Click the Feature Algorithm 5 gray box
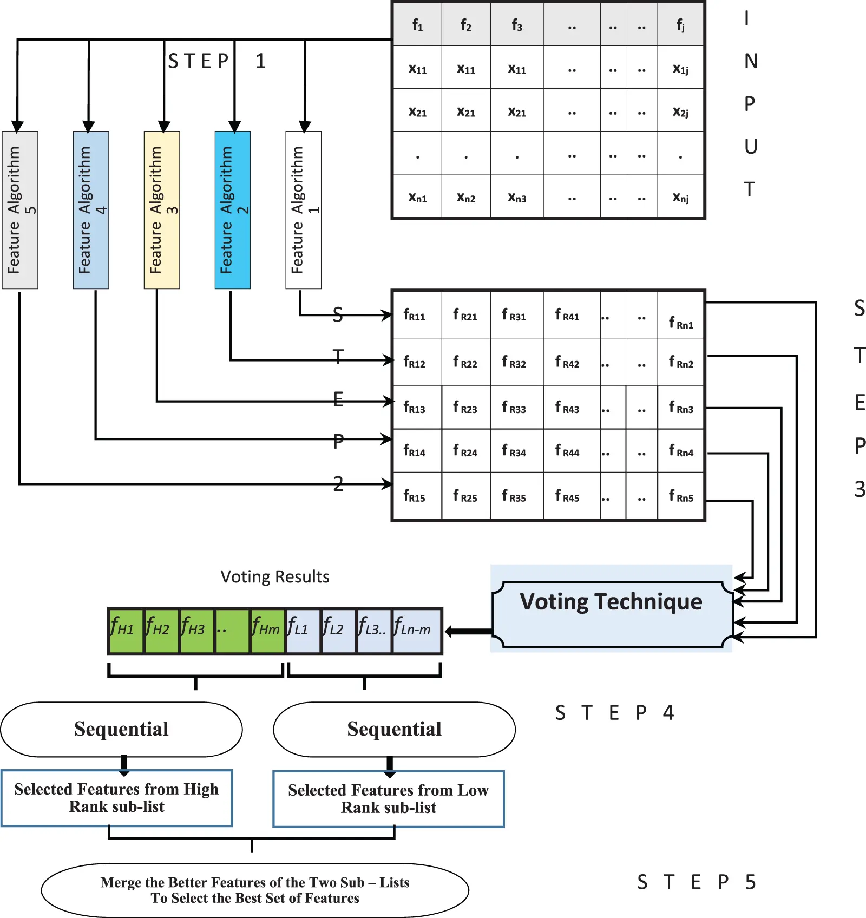pyautogui.click(x=20, y=210)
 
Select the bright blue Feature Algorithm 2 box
pyautogui.click(x=232, y=210)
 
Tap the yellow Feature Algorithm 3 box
pyautogui.click(x=161, y=210)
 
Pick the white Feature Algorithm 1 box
pyautogui.click(x=303, y=210)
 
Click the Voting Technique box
pyautogui.click(x=612, y=614)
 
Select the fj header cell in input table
pyautogui.click(x=680, y=25)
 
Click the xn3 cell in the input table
pyautogui.click(x=517, y=198)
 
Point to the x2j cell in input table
pyautogui.click(x=680, y=112)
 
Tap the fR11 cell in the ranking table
pyautogui.click(x=415, y=315)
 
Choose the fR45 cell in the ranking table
pyautogui.click(x=568, y=496)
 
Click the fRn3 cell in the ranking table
pyautogui.click(x=681, y=408)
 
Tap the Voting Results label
pyautogui.click(x=275, y=577)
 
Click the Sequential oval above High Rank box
pyautogui.click(x=121, y=730)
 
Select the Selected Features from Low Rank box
pyautogui.click(x=388, y=799)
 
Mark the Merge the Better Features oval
pyautogui.click(x=255, y=890)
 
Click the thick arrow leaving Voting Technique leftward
pyautogui.click(x=469, y=631)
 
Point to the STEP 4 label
pyautogui.click(x=614, y=713)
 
